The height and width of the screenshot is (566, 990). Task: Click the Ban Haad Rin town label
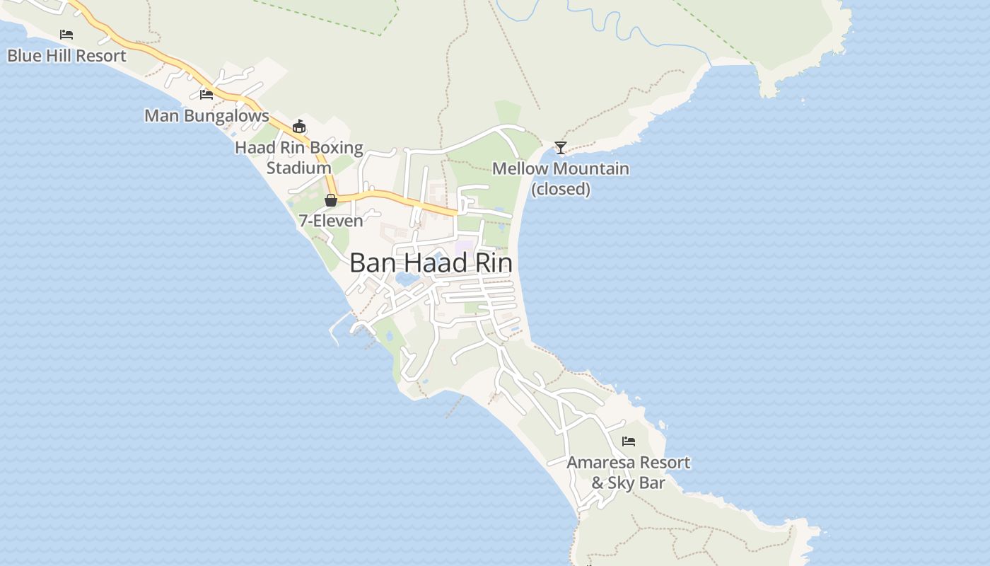[x=431, y=263]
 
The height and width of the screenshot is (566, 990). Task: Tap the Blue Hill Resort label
[x=66, y=55]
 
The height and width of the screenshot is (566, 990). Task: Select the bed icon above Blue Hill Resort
[x=66, y=34]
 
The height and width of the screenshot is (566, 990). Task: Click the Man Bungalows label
[x=206, y=115]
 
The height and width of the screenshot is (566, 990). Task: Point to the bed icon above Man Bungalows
[x=206, y=94]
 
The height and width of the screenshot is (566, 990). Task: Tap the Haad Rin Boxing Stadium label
[x=299, y=158]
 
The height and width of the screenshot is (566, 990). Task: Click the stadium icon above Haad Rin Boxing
[x=299, y=127]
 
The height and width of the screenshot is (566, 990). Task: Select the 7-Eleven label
[x=331, y=221]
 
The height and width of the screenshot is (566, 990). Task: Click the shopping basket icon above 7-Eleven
[x=331, y=200]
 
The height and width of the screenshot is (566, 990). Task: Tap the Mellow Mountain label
[x=561, y=169]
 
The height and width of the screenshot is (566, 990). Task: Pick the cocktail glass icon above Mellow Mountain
[x=561, y=148]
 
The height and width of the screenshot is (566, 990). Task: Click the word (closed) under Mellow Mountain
[x=561, y=189]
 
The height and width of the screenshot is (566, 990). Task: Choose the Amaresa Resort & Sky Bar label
[x=629, y=472]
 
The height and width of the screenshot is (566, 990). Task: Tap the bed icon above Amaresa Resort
[x=629, y=441]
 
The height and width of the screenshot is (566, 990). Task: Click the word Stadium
[x=299, y=168]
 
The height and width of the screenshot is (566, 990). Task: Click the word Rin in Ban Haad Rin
[x=492, y=263]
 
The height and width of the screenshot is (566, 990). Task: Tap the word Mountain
[x=593, y=169]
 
